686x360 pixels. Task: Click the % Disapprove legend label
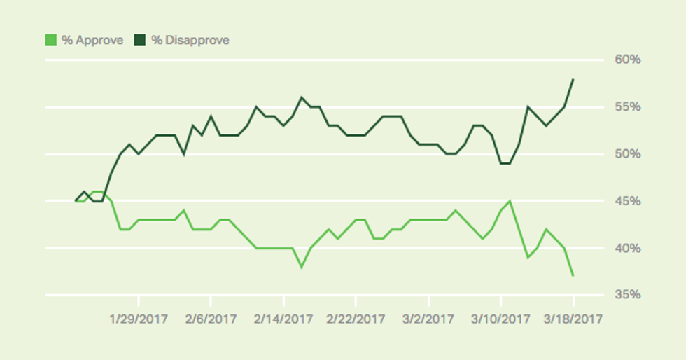point(190,40)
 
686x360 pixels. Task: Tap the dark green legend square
point(140,40)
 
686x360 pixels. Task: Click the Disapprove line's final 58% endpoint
point(573,79)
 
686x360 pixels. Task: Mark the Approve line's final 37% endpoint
point(573,276)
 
